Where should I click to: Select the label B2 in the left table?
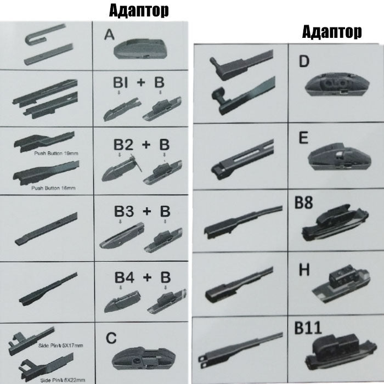tap(123, 145)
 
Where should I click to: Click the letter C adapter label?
tap(111, 338)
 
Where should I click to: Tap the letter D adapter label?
tap(304, 61)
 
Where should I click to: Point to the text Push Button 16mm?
tap(53, 188)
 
